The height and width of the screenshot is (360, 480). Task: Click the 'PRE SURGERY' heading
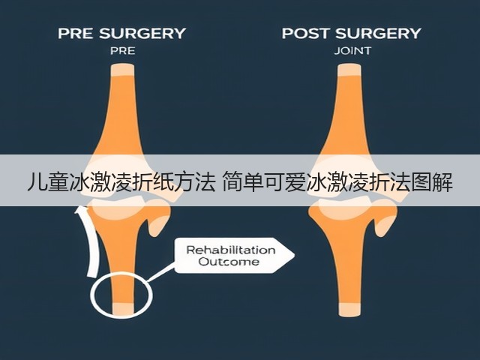point(121,33)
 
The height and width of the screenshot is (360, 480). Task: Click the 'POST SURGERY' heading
point(352,33)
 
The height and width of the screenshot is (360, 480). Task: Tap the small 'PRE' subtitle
point(122,51)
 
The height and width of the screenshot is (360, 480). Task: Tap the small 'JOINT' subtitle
point(352,51)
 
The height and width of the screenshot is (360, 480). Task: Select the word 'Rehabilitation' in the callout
point(231,250)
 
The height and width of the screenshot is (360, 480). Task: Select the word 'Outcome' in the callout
point(229,262)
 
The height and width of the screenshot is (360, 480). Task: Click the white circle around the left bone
point(91,294)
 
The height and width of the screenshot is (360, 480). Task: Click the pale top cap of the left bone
point(122,70)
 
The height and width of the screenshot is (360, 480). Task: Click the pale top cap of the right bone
point(349,70)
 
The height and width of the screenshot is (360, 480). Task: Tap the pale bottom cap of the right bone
point(349,310)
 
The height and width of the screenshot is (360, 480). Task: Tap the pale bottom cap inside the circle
point(123,309)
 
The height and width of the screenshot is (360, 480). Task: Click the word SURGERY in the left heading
point(142,33)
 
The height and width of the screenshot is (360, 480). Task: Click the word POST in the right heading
point(307,33)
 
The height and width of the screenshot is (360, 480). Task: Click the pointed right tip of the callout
point(294,255)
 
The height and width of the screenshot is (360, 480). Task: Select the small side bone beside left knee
point(158,218)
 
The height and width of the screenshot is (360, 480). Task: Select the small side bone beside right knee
point(385,218)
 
